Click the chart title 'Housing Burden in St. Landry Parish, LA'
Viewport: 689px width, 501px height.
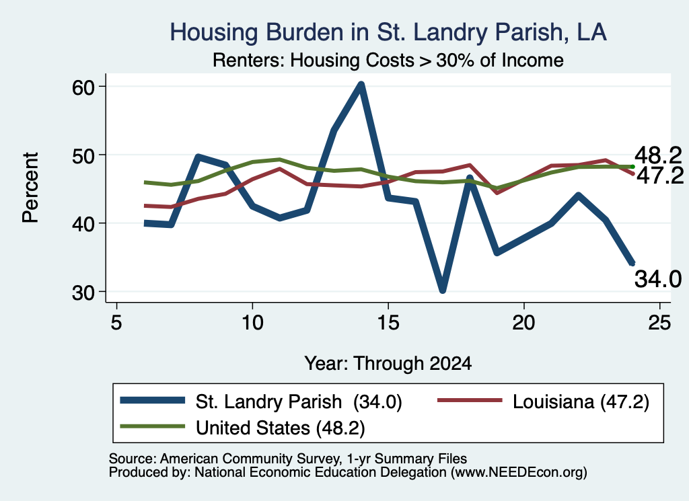coord(388,32)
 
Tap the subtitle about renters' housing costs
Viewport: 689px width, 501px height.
coord(388,60)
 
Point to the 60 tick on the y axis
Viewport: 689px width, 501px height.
coord(84,87)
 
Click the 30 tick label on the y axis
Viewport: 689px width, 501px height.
coord(84,293)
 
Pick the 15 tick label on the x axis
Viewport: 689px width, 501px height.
coord(388,323)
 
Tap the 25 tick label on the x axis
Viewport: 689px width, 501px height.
coord(659,323)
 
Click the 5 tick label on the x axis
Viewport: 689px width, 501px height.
coord(116,323)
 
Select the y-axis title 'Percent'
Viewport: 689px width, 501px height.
coord(30,188)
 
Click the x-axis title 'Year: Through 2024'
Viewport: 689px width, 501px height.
coord(388,364)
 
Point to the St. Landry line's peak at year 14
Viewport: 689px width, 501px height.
coord(361,84)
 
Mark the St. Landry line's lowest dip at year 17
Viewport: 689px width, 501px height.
coord(443,290)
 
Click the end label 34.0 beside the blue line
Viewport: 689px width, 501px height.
coord(658,279)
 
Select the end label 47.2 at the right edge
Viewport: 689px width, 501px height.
coord(659,176)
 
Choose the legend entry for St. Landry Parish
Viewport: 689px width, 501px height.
coord(261,401)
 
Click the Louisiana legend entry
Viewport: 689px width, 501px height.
coord(543,401)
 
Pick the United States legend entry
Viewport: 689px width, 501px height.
coord(242,428)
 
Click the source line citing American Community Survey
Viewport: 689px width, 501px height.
coord(288,459)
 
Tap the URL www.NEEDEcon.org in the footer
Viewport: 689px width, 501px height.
coord(519,473)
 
